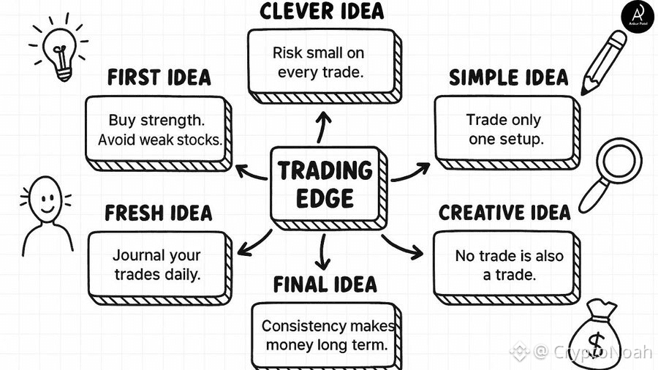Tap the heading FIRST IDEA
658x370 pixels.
(x=159, y=78)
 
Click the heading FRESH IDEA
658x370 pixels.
(x=159, y=214)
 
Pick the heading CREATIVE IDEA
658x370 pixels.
(x=504, y=213)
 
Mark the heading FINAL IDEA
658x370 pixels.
(x=325, y=284)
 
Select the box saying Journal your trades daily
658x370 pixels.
(x=156, y=264)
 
